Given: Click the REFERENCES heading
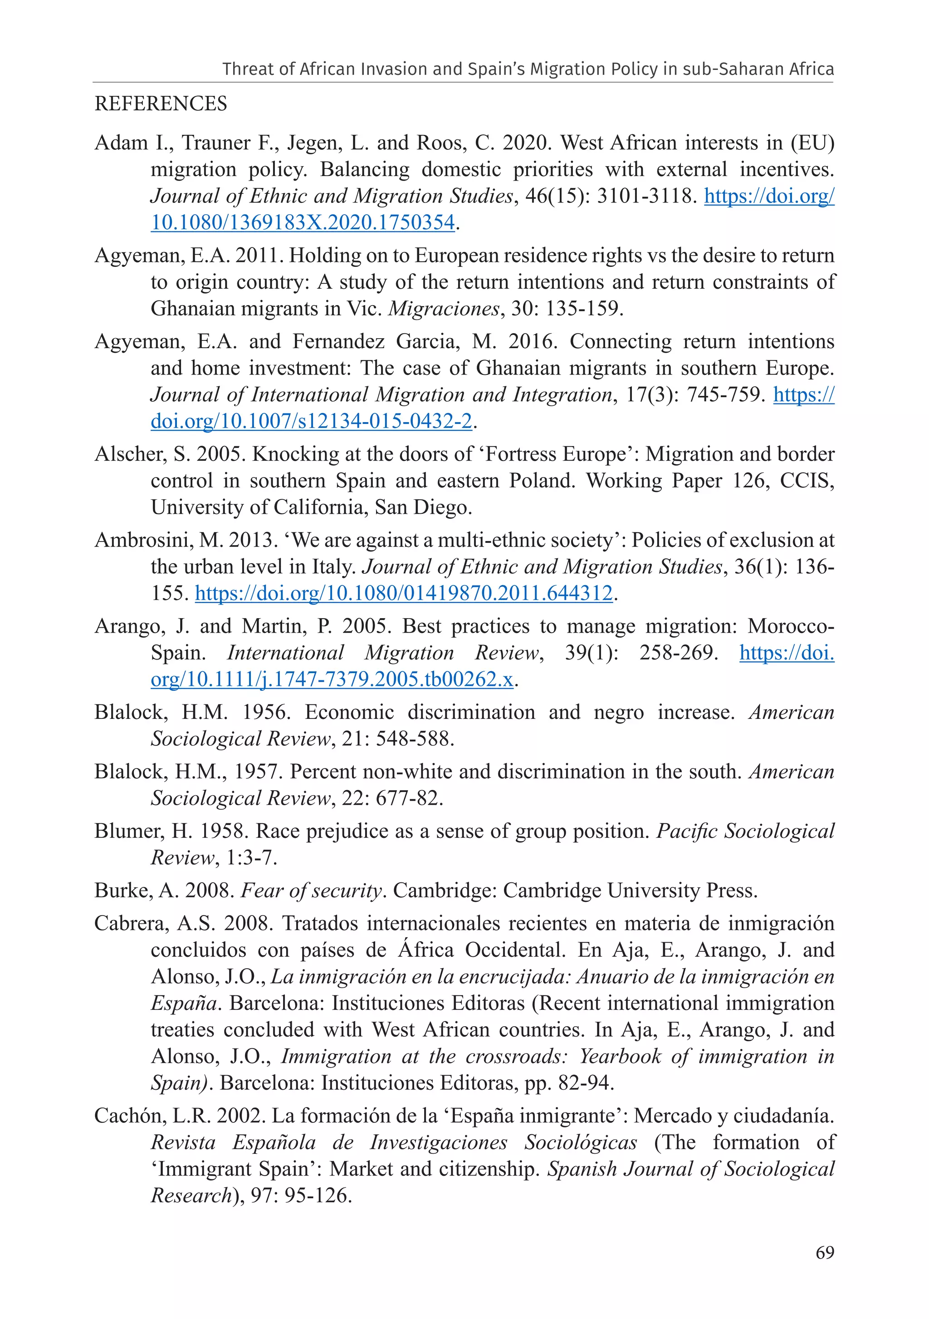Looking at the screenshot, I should click(x=161, y=104).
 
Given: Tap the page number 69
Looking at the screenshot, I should click(x=825, y=1252).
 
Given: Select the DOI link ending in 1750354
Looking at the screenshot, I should click(x=303, y=223).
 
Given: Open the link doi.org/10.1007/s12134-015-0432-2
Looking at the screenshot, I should click(x=311, y=422).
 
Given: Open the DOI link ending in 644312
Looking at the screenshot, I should click(x=404, y=593).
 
